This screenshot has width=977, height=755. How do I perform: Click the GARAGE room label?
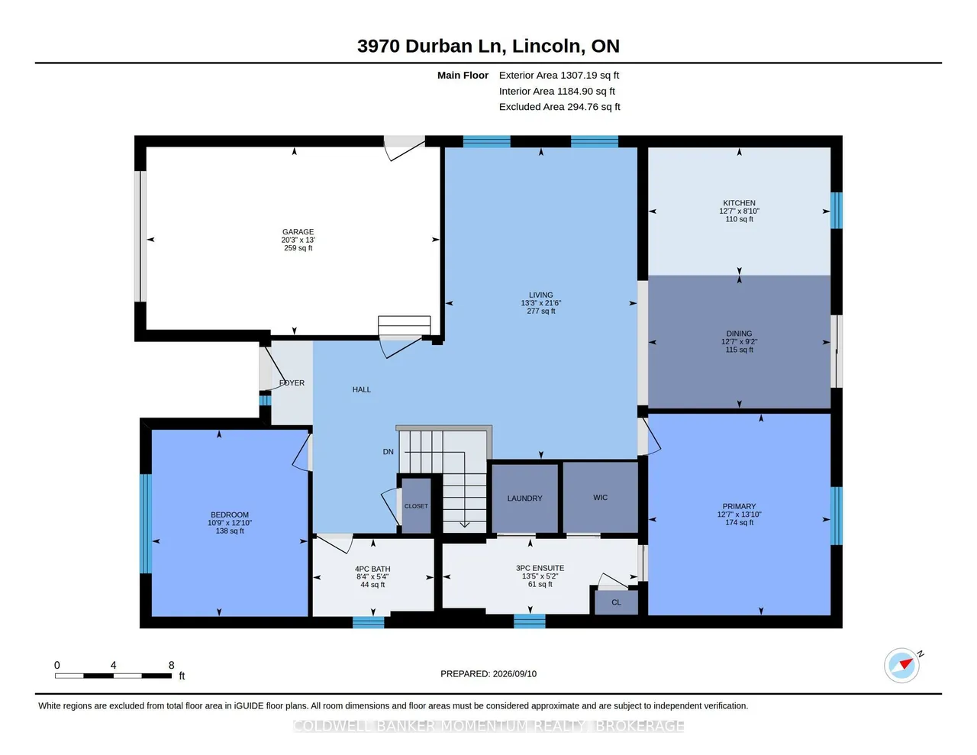(x=298, y=231)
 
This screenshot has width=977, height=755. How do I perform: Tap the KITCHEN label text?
(x=739, y=203)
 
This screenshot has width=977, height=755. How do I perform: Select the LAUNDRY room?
(x=524, y=498)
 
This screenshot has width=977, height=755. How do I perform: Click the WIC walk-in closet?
(x=600, y=497)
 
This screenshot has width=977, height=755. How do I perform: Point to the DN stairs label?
(x=388, y=451)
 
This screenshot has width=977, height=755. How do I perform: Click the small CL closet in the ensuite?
(x=616, y=602)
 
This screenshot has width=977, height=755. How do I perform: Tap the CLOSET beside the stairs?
(x=416, y=506)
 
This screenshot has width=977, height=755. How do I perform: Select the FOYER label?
(x=292, y=382)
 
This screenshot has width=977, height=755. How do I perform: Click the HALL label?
(x=362, y=389)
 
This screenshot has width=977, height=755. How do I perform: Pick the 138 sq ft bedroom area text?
(x=230, y=531)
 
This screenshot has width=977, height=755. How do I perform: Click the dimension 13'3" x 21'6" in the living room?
(x=541, y=303)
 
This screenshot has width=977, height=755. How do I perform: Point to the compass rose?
(x=901, y=665)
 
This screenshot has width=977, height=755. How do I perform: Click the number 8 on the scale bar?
(x=171, y=665)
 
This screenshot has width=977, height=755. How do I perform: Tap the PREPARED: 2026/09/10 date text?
(x=488, y=673)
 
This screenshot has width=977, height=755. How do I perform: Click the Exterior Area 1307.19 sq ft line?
(x=559, y=75)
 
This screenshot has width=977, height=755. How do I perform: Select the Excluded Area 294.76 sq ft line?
(x=559, y=107)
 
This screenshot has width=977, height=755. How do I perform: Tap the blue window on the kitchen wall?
(x=836, y=211)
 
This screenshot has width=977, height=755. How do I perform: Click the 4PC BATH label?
(x=372, y=569)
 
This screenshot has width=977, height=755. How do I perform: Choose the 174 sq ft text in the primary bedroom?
(x=739, y=522)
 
